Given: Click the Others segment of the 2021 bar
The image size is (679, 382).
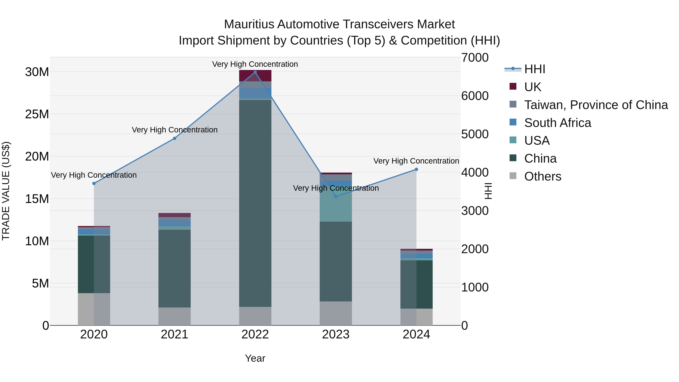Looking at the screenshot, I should (174, 316).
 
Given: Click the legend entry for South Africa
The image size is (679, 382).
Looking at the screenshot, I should (558, 123).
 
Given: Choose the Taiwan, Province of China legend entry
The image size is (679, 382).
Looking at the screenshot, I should (596, 105).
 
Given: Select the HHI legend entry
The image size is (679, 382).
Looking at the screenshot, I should (534, 69).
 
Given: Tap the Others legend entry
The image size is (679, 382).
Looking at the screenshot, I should (542, 176).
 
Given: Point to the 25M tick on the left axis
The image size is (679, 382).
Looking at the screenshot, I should (37, 114).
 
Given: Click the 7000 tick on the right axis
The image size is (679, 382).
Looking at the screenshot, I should (475, 58).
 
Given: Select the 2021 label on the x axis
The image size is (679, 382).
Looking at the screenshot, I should (174, 334).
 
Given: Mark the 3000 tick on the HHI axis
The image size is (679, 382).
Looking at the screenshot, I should (475, 211).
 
